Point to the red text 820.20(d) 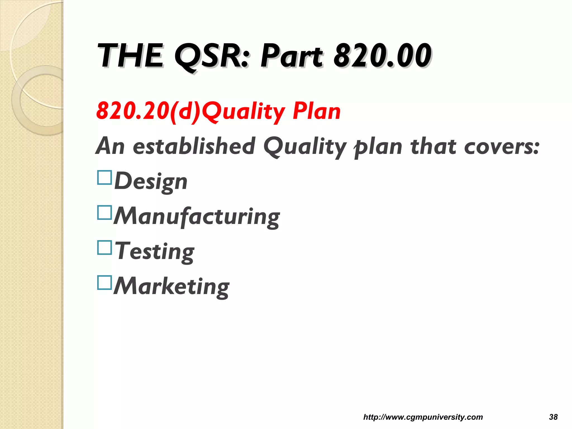pyautogui.click(x=148, y=111)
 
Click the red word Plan pyautogui.click(x=317, y=111)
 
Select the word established pyautogui.click(x=194, y=146)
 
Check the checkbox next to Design pyautogui.click(x=105, y=178)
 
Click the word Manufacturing pyautogui.click(x=197, y=216)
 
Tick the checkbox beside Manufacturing pyautogui.click(x=105, y=213)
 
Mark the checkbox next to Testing pyautogui.click(x=105, y=248)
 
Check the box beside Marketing pyautogui.click(x=105, y=283)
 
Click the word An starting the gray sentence pyautogui.click(x=110, y=146)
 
